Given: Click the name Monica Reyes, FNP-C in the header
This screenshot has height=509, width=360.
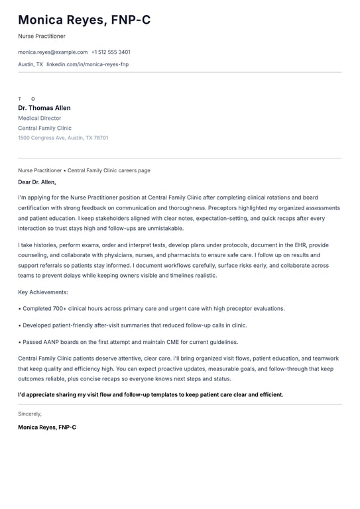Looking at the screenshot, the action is (x=84, y=20).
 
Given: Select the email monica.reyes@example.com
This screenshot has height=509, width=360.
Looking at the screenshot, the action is (x=52, y=52).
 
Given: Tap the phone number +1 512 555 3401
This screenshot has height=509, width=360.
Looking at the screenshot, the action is (x=111, y=52).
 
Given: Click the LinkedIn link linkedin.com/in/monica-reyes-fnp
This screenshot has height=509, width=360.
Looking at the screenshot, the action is (x=88, y=64).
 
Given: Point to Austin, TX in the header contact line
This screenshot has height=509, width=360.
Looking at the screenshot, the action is (x=30, y=64).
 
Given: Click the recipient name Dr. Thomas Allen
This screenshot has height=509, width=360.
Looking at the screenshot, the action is (x=44, y=108).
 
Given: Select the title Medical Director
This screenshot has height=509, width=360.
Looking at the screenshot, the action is (x=40, y=118).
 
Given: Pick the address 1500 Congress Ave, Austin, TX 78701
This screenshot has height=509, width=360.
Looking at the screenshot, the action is (x=63, y=138).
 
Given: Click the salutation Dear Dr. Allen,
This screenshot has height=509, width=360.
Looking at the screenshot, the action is (x=37, y=182).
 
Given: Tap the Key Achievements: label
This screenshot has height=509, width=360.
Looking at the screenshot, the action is (x=43, y=292).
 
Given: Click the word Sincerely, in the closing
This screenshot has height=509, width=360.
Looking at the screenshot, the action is (x=30, y=414).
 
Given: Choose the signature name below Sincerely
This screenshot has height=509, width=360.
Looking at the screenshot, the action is (x=47, y=427).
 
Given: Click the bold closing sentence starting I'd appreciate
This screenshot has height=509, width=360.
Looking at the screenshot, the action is (x=150, y=394).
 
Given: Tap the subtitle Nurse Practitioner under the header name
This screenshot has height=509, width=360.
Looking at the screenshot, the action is (x=42, y=36).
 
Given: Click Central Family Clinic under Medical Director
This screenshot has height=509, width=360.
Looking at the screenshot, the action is (x=44, y=128).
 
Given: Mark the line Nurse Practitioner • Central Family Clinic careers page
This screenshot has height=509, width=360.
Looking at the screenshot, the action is (x=84, y=170).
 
